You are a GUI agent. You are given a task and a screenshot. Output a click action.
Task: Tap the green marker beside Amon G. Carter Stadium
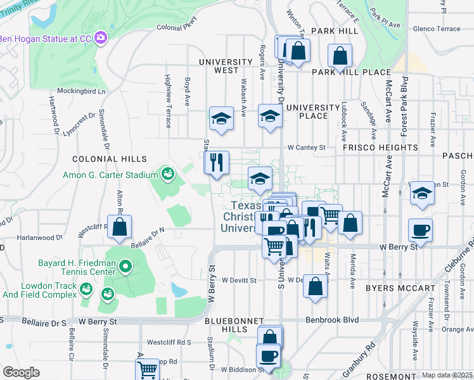coord(168,173)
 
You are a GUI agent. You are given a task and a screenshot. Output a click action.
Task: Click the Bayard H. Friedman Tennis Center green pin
coord(125,268)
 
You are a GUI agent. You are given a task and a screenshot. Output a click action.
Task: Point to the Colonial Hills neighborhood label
coord(110,159)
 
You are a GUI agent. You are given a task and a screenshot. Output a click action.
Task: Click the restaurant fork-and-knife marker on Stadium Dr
coord(216,161)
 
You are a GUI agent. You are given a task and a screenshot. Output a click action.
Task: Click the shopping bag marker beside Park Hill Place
coord(340,56)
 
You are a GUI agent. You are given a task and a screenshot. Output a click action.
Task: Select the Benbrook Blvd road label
coord(332,320)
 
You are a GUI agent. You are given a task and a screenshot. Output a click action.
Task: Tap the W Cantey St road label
coord(306,148)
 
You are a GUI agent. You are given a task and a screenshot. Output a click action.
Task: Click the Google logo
coord(21,372)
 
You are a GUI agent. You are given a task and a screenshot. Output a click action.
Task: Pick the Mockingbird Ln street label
coord(81,91)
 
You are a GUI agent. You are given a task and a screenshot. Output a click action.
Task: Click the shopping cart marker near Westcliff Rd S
coord(147,369)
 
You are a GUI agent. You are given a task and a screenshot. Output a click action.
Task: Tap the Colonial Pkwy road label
coord(177,28)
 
